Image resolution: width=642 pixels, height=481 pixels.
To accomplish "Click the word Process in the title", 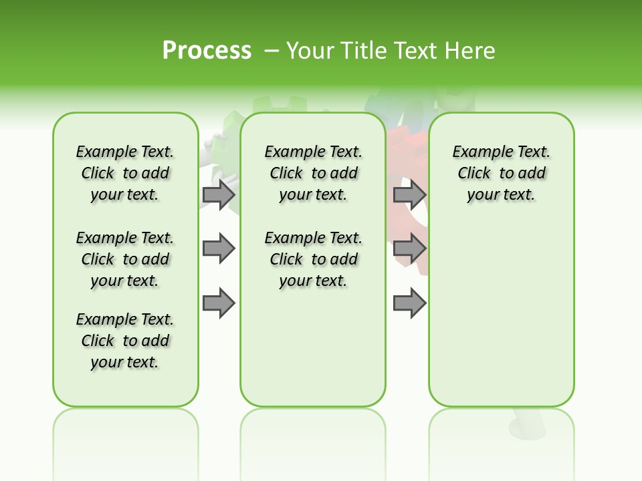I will pyautogui.click(x=207, y=51).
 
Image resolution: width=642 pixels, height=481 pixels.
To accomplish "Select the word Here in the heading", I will pyautogui.click(x=471, y=51).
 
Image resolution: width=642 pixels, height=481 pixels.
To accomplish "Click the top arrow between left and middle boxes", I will pyautogui.click(x=219, y=195).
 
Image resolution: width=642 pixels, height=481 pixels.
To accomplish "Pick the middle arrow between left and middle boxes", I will pyautogui.click(x=219, y=249).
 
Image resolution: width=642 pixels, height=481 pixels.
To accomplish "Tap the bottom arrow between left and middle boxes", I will pyautogui.click(x=219, y=303).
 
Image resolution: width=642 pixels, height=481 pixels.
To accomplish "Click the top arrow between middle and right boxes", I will pyautogui.click(x=409, y=195).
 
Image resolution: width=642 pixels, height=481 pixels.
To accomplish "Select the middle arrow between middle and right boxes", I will pyautogui.click(x=409, y=249).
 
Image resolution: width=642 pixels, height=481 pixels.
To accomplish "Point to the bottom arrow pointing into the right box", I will pyautogui.click(x=409, y=303).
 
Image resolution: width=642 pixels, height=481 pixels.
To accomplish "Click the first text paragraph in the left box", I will pyautogui.click(x=125, y=173).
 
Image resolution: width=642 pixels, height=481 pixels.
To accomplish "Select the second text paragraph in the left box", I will pyautogui.click(x=125, y=259).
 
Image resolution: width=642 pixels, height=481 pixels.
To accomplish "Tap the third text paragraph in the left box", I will pyautogui.click(x=125, y=341).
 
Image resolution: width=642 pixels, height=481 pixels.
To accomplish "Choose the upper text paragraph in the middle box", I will pyautogui.click(x=313, y=173).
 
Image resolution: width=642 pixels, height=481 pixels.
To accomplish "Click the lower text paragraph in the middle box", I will pyautogui.click(x=313, y=259).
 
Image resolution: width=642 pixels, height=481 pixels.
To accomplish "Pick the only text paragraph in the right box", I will pyautogui.click(x=502, y=173).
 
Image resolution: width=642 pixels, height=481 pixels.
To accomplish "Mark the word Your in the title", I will pyautogui.click(x=308, y=51).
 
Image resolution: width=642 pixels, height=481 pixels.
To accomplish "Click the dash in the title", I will pyautogui.click(x=272, y=51).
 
